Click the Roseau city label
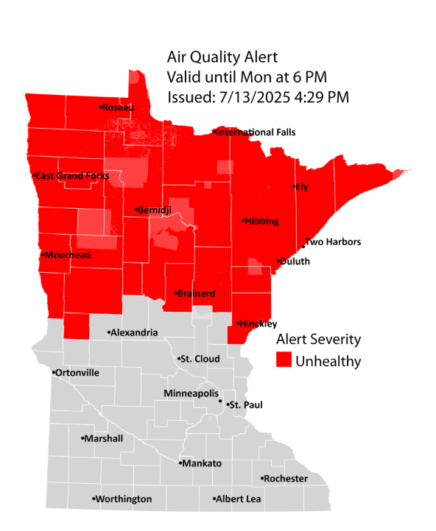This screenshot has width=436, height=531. point(119,107)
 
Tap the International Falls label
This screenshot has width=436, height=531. point(256,132)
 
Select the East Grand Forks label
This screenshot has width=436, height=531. point(72,176)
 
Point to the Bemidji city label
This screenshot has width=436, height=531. point(155,210)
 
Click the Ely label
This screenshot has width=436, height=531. point(301,187)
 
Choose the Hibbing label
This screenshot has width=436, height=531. point(262,221)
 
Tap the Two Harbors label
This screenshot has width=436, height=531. point(333,242)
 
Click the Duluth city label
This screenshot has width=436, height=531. point(295,261)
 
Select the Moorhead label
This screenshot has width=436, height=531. point(67,255)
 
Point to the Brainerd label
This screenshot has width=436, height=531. point(197,293)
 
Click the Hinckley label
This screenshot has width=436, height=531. point(258,324)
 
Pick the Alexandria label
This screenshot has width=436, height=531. point(135,332)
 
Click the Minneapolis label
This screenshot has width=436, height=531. point(191,393)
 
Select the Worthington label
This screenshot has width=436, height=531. point(124,499)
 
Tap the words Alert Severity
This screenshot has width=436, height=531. point(318,339)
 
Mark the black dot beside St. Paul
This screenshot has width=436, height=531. point(220,402)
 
